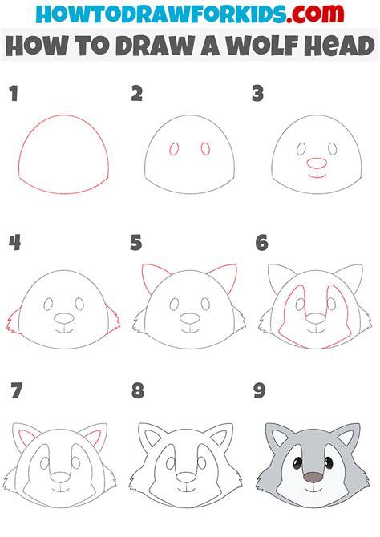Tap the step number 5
tap(137, 243)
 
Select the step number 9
tap(259, 392)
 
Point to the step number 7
tap(14, 392)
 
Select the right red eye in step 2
tap(204, 149)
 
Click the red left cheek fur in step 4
tap(13, 322)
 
